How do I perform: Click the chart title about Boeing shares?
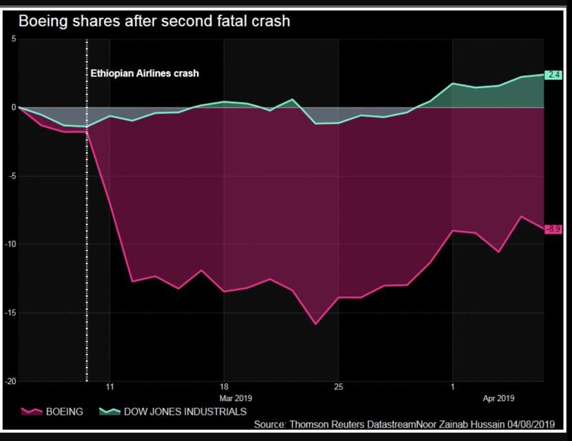(x=154, y=21)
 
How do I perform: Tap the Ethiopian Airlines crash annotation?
(x=145, y=73)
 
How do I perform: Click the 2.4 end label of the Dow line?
(x=554, y=74)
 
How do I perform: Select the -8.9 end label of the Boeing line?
(x=553, y=229)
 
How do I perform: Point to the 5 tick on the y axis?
(x=13, y=39)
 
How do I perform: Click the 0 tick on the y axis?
(x=13, y=107)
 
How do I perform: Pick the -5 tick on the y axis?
(x=12, y=176)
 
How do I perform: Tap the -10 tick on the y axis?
(x=10, y=244)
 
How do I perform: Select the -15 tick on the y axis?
(x=10, y=313)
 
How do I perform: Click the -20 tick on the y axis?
(x=10, y=381)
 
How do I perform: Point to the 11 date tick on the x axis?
(x=110, y=387)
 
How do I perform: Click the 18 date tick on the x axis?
(x=224, y=387)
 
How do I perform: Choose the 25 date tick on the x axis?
(x=338, y=387)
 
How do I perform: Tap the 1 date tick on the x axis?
(x=452, y=387)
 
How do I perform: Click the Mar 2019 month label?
(x=236, y=398)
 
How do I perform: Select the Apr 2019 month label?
(x=498, y=398)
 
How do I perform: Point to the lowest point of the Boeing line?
(x=316, y=324)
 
